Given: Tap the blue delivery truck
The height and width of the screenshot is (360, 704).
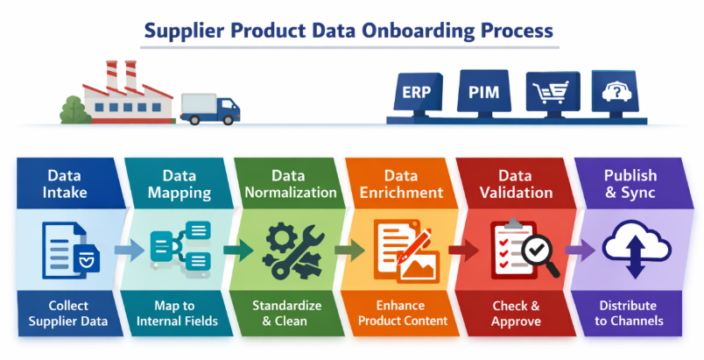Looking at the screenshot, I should (210, 109).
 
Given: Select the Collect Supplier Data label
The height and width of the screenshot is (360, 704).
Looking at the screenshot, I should (67, 313).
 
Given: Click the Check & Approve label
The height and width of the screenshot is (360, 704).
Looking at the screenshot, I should (517, 313).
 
